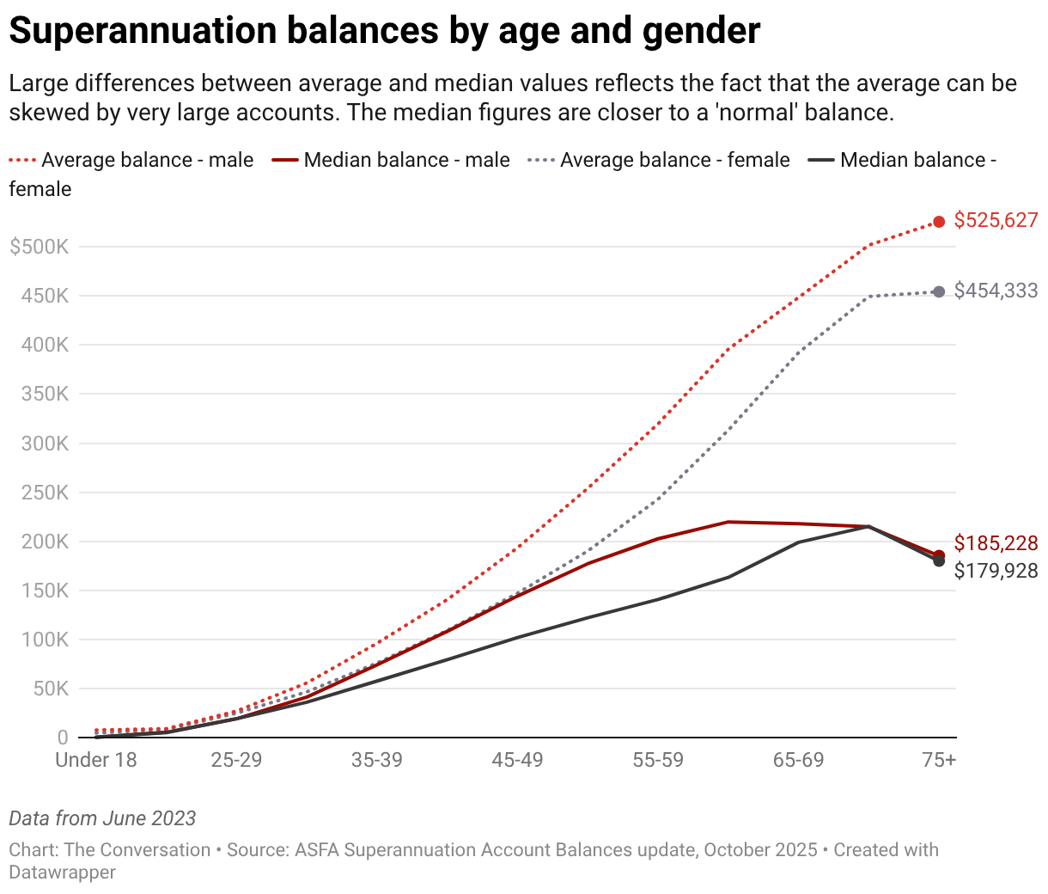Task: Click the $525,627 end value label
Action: tap(996, 221)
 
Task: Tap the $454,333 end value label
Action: tap(996, 291)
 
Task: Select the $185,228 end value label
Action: tap(996, 543)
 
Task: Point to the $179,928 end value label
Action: tap(996, 571)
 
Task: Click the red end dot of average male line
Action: tap(939, 222)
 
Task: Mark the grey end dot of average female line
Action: tap(939, 292)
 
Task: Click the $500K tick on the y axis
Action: tap(39, 248)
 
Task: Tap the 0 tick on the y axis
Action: tap(63, 738)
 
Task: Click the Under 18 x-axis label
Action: tap(96, 761)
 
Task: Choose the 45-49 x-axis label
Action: tap(517, 761)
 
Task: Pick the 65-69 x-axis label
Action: tap(799, 761)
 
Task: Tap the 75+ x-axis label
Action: tap(939, 761)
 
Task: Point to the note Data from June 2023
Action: tap(102, 818)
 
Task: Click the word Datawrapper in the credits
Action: tap(63, 873)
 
